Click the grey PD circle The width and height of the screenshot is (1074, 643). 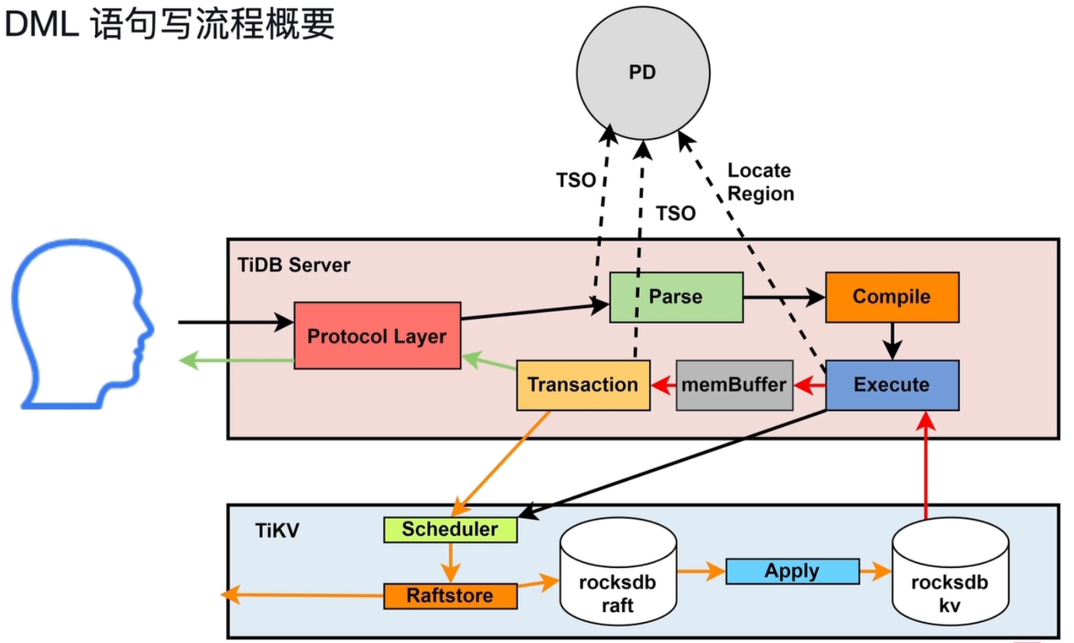(x=643, y=73)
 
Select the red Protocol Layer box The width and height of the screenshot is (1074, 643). (x=377, y=336)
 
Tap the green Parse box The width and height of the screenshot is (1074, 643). (x=676, y=297)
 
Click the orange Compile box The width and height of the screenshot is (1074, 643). (x=892, y=297)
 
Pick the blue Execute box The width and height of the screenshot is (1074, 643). (x=892, y=385)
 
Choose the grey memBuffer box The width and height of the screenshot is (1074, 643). (x=734, y=385)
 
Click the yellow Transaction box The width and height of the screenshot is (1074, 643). (x=583, y=385)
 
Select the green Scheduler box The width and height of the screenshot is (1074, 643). (x=450, y=529)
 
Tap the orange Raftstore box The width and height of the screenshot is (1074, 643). (x=450, y=596)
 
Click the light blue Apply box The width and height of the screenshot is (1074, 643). (x=792, y=571)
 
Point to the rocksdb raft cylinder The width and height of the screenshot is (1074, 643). (x=618, y=571)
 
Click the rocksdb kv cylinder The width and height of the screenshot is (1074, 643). (x=950, y=571)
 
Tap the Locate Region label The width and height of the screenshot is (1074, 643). (x=761, y=182)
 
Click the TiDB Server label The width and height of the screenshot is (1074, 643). (x=294, y=266)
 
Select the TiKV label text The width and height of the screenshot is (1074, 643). (x=277, y=531)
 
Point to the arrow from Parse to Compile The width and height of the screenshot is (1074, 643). (x=784, y=297)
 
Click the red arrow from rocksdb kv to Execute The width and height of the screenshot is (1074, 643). (x=926, y=465)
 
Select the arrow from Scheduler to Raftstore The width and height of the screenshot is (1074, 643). (x=450, y=563)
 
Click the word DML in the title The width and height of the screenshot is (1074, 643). (x=42, y=24)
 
